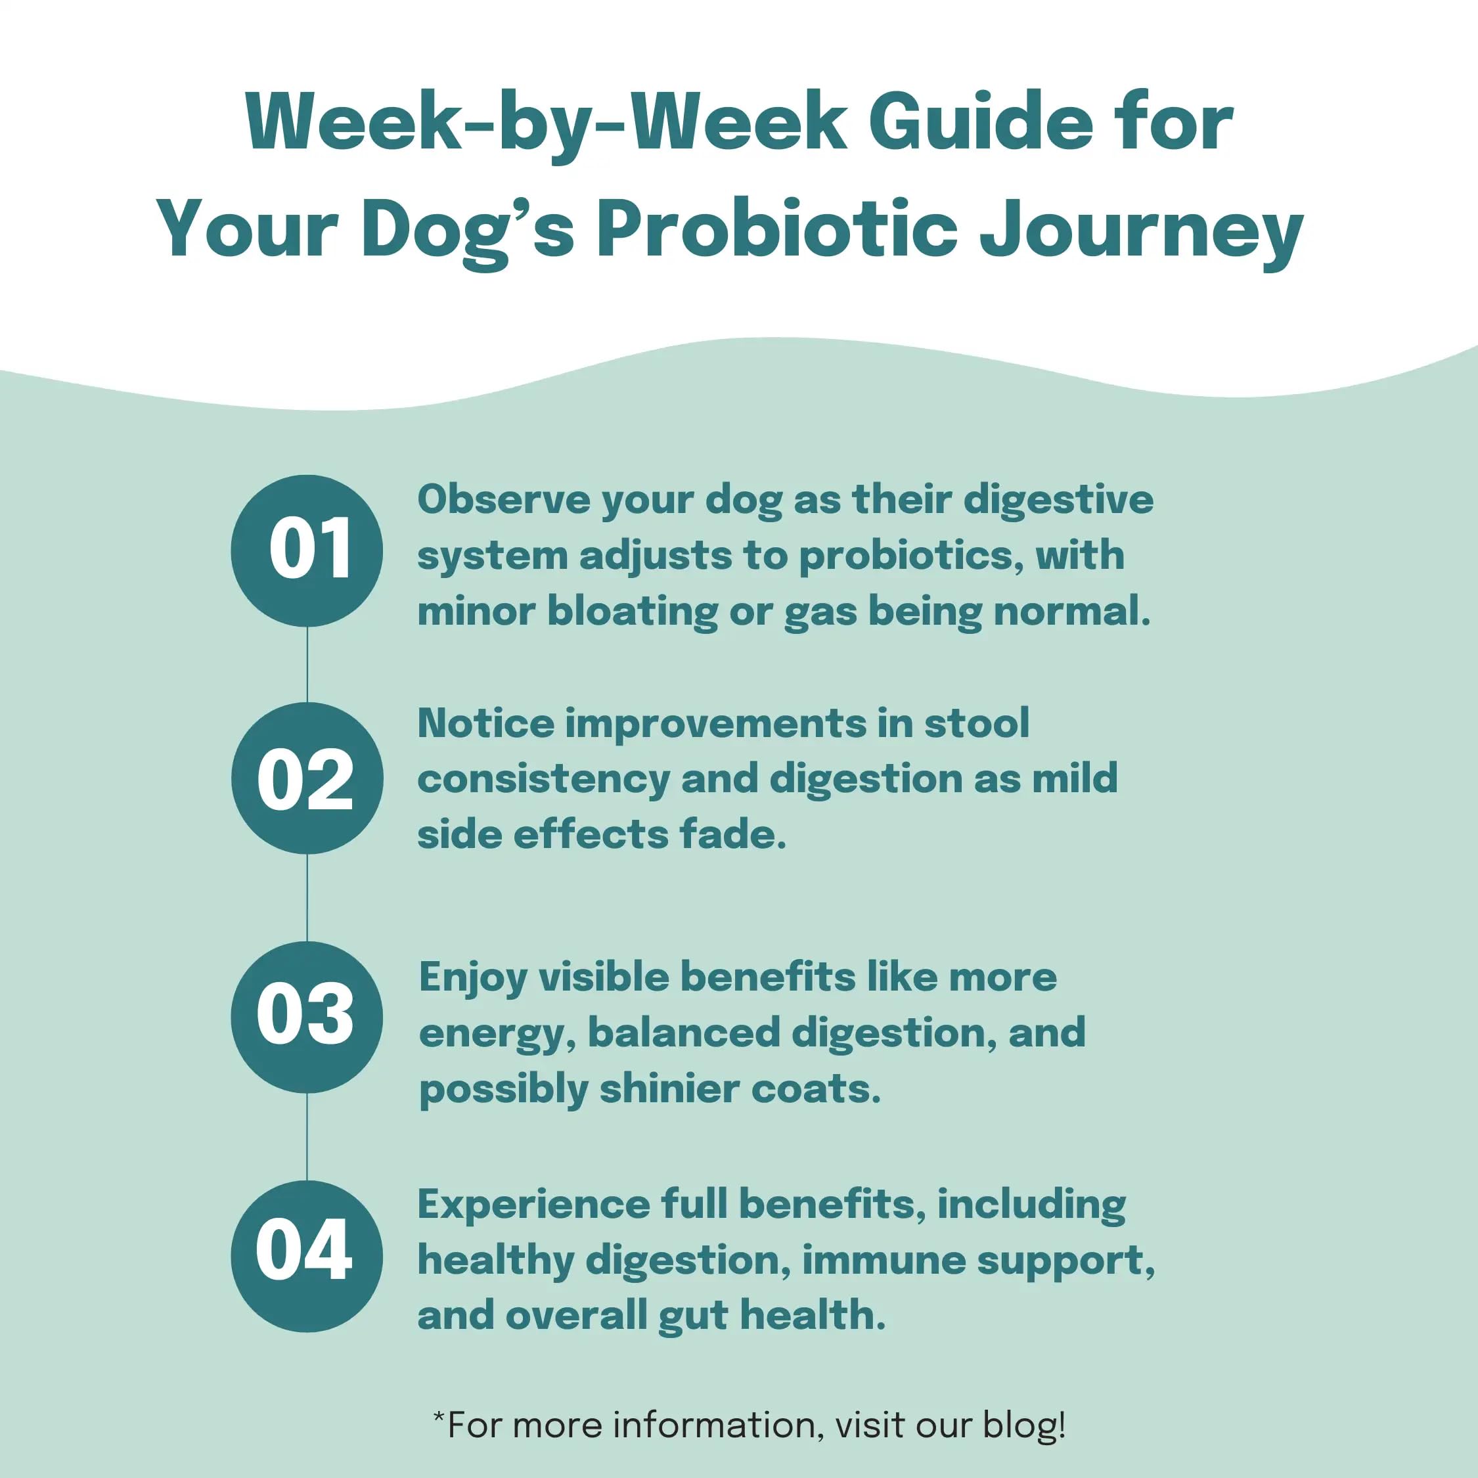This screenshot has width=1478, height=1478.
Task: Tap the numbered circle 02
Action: (307, 778)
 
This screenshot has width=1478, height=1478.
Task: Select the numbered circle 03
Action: (307, 1017)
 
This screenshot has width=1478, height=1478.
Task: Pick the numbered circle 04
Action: (307, 1256)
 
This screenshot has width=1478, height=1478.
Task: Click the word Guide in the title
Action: (981, 122)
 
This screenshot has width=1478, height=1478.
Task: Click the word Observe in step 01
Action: (504, 499)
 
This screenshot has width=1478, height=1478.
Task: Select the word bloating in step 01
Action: (633, 612)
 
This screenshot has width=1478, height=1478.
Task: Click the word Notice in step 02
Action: (486, 723)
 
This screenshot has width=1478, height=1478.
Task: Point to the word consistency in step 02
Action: (543, 780)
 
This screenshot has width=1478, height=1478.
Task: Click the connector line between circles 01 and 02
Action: (307, 665)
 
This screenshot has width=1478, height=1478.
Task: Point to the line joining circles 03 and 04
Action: (307, 1137)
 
